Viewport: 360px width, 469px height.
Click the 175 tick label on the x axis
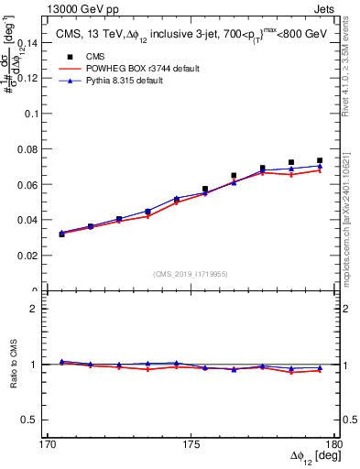click(191, 444)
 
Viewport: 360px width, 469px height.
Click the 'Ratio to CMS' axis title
click(13, 366)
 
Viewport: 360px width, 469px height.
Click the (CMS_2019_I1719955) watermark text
click(191, 273)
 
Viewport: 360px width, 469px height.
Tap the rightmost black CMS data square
click(320, 160)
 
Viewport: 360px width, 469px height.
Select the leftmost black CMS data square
click(61, 234)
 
